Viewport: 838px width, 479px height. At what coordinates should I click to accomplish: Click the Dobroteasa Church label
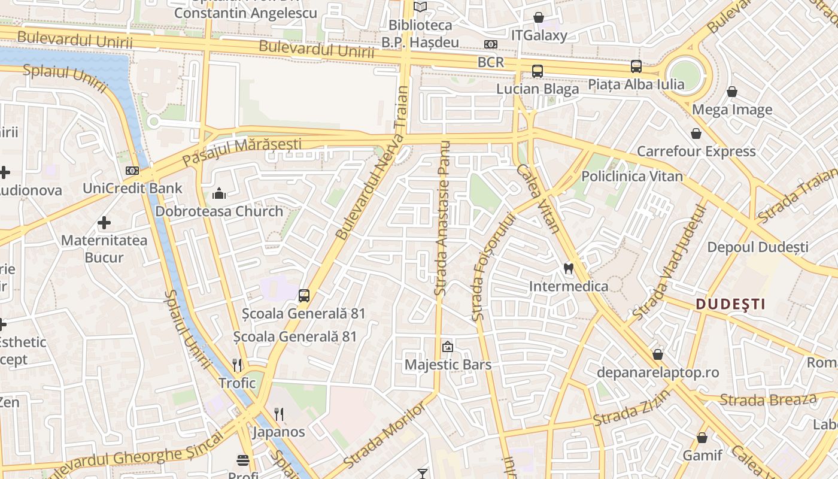[219, 211]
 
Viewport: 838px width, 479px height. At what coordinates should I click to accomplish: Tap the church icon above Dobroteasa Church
[219, 193]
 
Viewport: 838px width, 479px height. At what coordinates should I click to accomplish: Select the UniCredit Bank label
[132, 188]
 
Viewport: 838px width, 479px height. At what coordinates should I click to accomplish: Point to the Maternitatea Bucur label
[104, 249]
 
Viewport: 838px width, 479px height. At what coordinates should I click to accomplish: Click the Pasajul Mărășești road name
[242, 152]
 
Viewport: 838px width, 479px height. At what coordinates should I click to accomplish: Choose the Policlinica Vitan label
[632, 176]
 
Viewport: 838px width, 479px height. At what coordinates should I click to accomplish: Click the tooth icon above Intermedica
[569, 269]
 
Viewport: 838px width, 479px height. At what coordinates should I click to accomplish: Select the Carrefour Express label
[696, 151]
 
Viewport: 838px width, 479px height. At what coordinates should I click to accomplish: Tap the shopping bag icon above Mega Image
[731, 92]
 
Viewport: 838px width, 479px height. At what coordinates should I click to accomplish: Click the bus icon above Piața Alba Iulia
[636, 66]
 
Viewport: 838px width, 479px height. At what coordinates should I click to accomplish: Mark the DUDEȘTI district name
[730, 304]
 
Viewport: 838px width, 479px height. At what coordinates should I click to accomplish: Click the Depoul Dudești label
[758, 247]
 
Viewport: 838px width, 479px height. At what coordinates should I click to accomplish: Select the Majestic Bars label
[448, 365]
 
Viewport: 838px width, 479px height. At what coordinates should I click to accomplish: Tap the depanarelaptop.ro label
[658, 372]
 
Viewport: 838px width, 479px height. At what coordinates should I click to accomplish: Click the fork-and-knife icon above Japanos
[278, 414]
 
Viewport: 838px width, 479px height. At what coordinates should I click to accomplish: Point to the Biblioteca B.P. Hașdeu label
[421, 34]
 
